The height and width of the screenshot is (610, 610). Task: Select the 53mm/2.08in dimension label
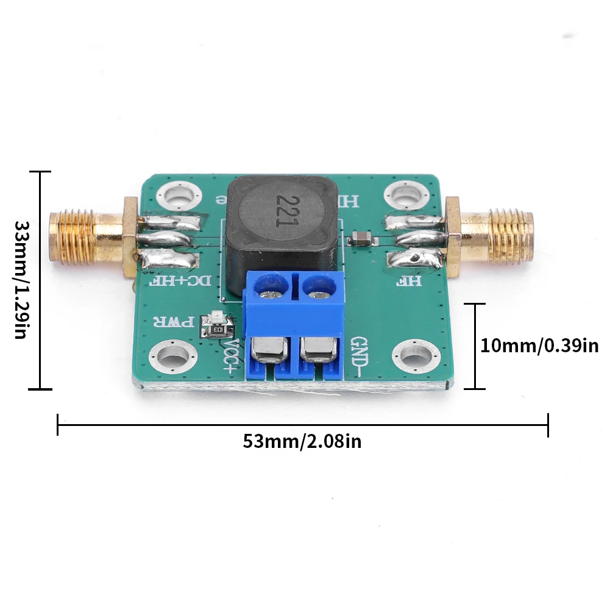[x=302, y=441]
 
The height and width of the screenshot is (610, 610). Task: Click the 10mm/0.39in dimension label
[x=539, y=346]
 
